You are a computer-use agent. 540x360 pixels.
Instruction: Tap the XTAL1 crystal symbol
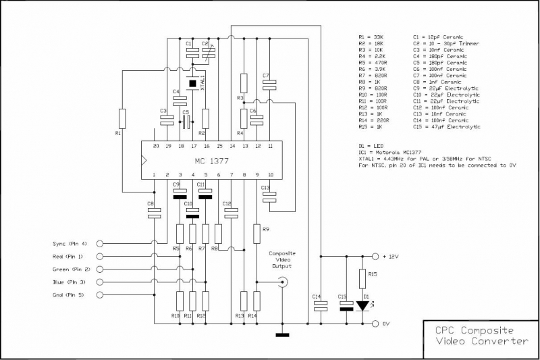[192, 84]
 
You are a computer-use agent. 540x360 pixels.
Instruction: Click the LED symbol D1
[364, 305]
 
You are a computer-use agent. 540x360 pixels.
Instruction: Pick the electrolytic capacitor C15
[346, 306]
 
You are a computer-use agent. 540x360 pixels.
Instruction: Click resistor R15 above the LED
[364, 277]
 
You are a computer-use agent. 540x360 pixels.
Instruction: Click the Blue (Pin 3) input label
[70, 282]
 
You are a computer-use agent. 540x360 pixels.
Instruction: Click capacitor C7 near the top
[269, 84]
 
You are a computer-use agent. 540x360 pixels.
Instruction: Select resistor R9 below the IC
[256, 233]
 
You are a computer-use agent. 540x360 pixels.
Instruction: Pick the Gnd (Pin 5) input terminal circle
[101, 294]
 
